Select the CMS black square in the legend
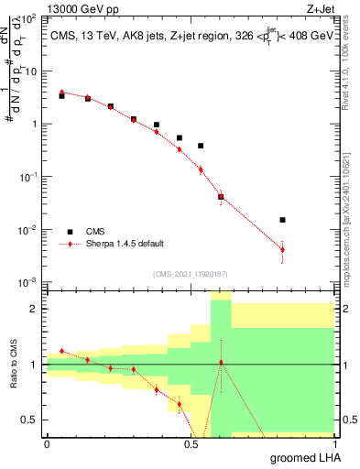tap(69, 231)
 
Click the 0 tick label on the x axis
tap(47, 443)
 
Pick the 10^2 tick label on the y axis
tap(28, 18)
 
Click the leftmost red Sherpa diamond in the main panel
tap(61, 92)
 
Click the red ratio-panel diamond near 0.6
tap(221, 363)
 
